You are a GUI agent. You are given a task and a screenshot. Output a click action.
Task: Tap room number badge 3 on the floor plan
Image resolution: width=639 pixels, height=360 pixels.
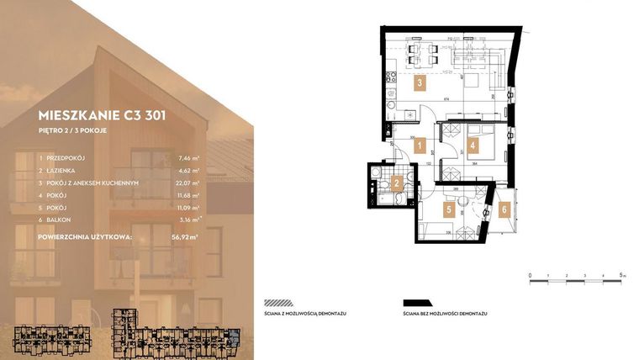click(x=418, y=83)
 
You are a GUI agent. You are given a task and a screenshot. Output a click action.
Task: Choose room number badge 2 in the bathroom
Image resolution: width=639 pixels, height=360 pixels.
click(x=395, y=182)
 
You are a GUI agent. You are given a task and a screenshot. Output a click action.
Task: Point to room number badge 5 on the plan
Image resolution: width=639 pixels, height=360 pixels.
click(x=449, y=209)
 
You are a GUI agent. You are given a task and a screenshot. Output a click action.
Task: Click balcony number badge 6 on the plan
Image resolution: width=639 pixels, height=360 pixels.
click(x=504, y=209)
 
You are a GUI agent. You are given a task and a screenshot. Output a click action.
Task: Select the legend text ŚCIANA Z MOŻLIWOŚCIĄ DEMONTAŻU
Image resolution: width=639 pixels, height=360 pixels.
click(x=305, y=311)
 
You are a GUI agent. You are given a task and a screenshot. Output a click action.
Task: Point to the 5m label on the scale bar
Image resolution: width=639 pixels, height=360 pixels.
click(x=621, y=275)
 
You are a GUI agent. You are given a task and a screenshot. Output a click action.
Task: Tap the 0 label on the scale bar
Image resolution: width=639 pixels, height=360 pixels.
click(x=530, y=275)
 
